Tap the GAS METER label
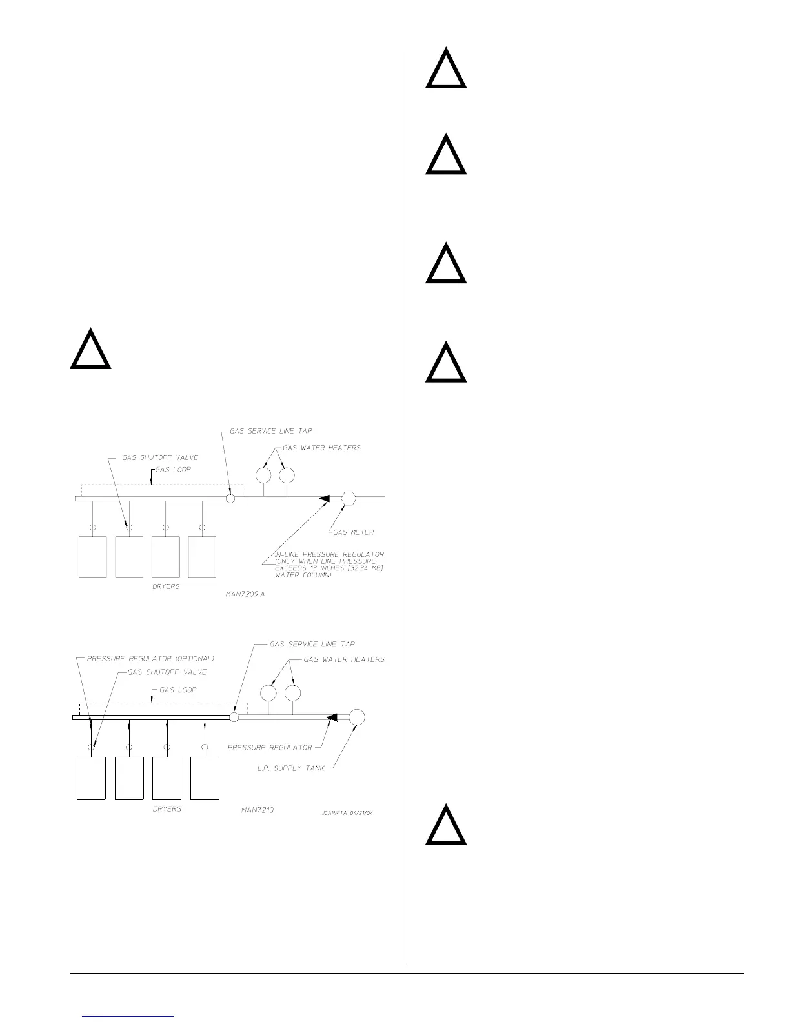click(354, 532)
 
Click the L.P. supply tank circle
click(357, 717)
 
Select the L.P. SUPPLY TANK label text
click(295, 768)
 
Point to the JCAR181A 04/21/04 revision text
click(347, 813)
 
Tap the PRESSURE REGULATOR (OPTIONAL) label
click(150, 659)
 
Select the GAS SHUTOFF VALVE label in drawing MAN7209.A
click(161, 457)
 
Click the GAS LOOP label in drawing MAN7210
click(178, 690)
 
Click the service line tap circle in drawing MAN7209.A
click(230, 498)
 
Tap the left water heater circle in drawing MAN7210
click(268, 693)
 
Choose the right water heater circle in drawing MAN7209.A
click(287, 475)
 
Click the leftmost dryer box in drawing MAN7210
click(91, 778)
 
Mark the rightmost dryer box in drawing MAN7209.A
click(202, 557)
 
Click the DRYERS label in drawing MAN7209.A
click(166, 586)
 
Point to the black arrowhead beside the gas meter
click(325, 498)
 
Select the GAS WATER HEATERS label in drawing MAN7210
click(344, 659)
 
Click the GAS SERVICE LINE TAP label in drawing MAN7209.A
click(271, 431)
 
